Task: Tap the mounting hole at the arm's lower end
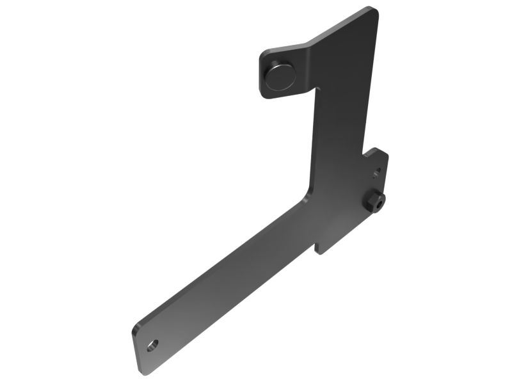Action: click(x=152, y=346)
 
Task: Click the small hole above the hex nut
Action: click(x=378, y=171)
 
